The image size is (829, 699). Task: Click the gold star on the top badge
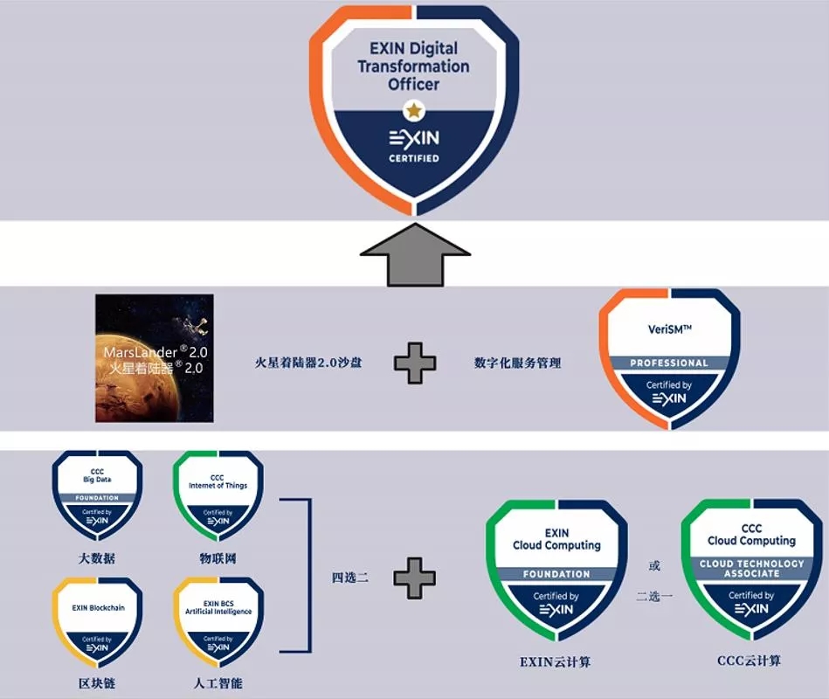pyautogui.click(x=413, y=110)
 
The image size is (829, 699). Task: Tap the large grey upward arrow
pyautogui.click(x=416, y=253)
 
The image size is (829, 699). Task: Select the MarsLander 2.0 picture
pyautogui.click(x=154, y=358)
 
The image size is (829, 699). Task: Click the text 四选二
pyautogui.click(x=349, y=578)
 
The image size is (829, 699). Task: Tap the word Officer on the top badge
pyautogui.click(x=413, y=85)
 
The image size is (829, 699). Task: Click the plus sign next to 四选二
pyautogui.click(x=415, y=578)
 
